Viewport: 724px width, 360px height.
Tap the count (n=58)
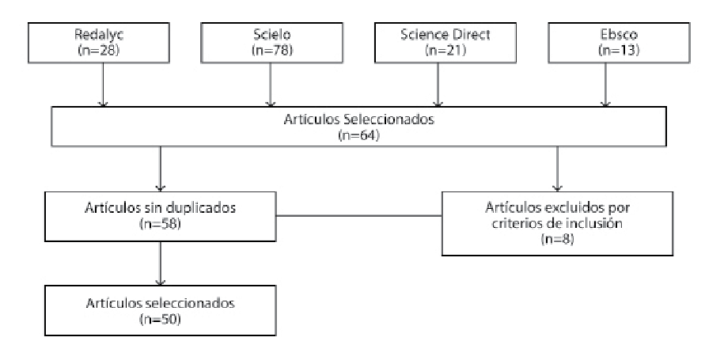pyautogui.click(x=161, y=225)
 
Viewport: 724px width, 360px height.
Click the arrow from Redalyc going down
pyautogui.click(x=102, y=87)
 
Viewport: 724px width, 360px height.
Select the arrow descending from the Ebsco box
pyautogui.click(x=606, y=87)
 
